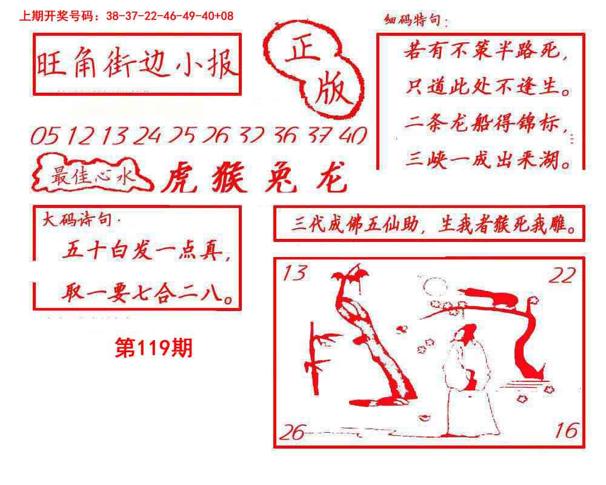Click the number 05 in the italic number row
click(x=45, y=136)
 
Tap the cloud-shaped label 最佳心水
click(x=92, y=174)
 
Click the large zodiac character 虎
click(x=180, y=178)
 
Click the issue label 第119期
click(x=154, y=347)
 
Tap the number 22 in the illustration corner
click(x=562, y=275)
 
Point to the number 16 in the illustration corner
click(x=567, y=430)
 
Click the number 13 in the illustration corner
click(x=295, y=273)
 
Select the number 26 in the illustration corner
click(x=293, y=432)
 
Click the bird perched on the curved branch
click(x=489, y=297)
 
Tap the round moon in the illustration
click(x=435, y=287)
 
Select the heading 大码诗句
click(x=78, y=219)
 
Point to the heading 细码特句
click(x=413, y=19)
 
